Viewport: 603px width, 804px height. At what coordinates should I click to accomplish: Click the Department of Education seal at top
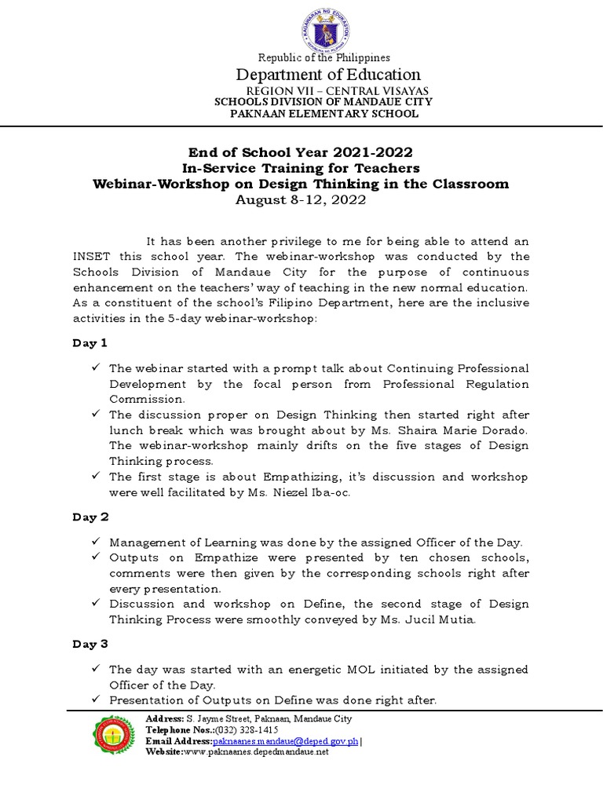[324, 28]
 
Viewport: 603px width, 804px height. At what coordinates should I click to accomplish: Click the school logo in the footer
[115, 734]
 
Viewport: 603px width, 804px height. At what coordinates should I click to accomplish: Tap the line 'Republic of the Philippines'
[324, 57]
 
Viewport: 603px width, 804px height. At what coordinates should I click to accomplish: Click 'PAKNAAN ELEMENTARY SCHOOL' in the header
[323, 114]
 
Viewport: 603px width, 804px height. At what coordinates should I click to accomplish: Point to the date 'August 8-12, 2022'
[301, 199]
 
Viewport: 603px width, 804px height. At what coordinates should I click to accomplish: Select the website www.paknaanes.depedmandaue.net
[256, 751]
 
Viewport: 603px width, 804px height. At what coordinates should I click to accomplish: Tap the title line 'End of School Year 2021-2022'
[301, 152]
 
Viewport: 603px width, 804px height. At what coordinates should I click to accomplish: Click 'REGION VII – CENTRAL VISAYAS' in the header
[323, 92]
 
